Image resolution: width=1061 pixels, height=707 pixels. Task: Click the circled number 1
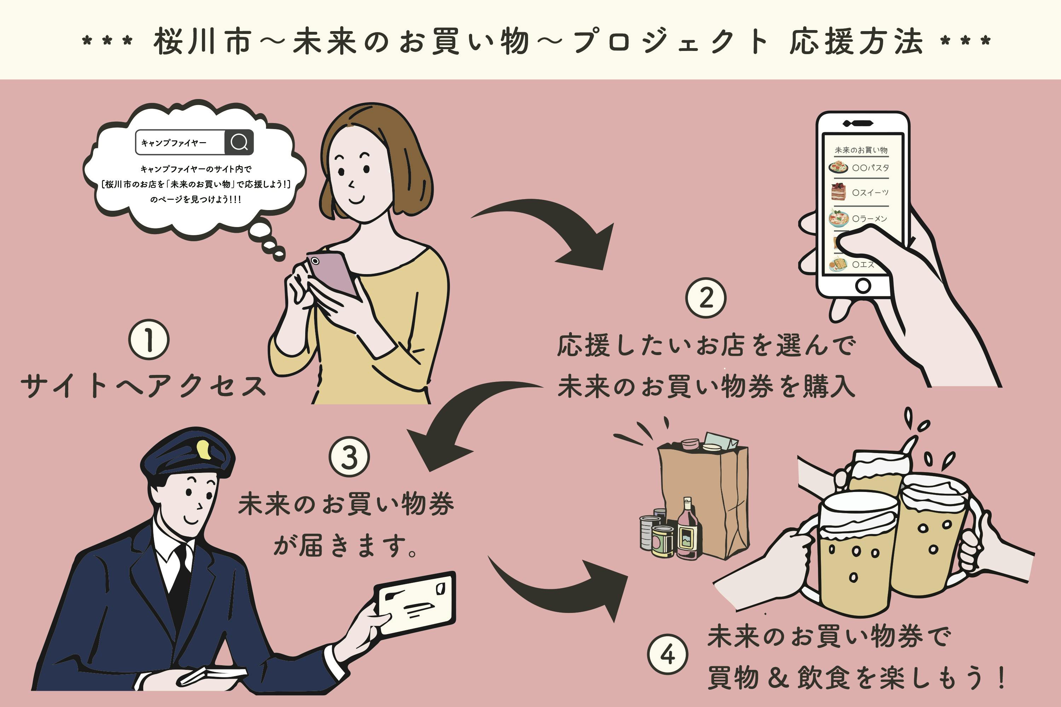[149, 339]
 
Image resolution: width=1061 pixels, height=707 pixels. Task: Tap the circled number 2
[706, 297]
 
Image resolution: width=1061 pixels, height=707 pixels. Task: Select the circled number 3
[349, 456]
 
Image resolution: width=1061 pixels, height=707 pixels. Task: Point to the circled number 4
[667, 654]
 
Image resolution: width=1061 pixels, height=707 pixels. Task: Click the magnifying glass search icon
[239, 142]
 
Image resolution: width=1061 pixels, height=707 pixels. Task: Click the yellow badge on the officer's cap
[204, 450]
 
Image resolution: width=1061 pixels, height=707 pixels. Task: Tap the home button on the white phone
[863, 285]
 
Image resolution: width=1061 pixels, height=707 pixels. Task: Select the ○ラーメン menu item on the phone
[869, 219]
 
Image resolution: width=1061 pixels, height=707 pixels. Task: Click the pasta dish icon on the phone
[838, 167]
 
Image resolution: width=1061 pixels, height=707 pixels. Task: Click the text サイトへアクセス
[143, 387]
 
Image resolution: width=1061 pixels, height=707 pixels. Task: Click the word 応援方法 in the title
[856, 41]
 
